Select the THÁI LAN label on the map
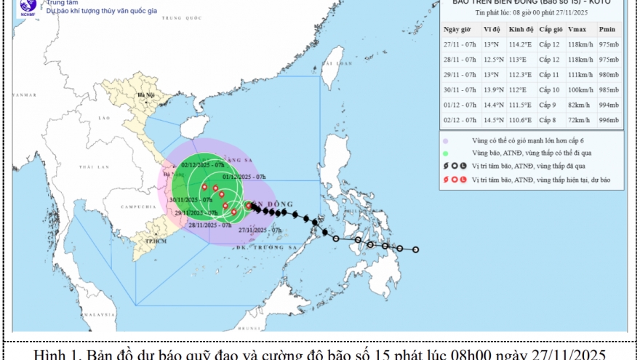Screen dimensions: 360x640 [94, 167]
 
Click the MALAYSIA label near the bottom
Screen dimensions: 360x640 [94, 314]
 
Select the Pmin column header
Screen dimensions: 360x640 [609, 29]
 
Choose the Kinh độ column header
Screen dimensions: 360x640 [521, 29]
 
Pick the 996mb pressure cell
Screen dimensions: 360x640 [609, 119]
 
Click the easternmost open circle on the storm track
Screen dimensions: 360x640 [416, 249]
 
